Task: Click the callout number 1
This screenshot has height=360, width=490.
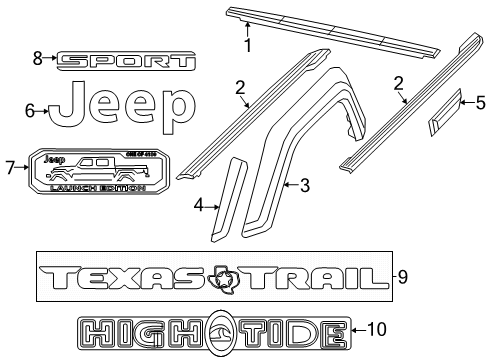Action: [x=249, y=44]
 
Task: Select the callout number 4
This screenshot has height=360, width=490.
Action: [x=199, y=206]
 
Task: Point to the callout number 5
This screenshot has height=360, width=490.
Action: [x=481, y=101]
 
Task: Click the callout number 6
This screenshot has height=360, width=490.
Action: [x=30, y=111]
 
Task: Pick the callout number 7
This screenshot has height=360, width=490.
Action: [x=10, y=167]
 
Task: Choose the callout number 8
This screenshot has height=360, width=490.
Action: [x=37, y=59]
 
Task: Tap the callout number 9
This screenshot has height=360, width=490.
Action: [x=403, y=277]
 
